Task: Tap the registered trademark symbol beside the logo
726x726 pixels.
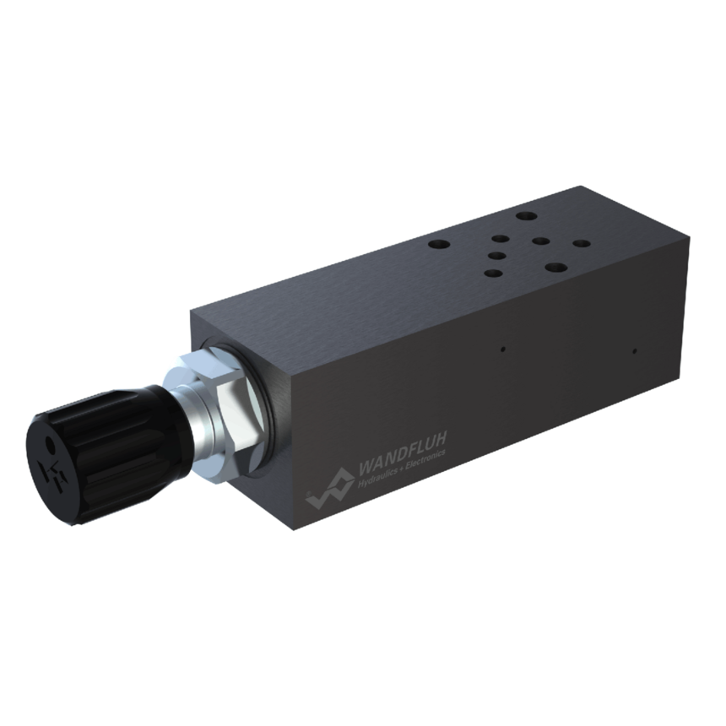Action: (x=308, y=493)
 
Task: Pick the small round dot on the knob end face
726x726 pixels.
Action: (x=51, y=445)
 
